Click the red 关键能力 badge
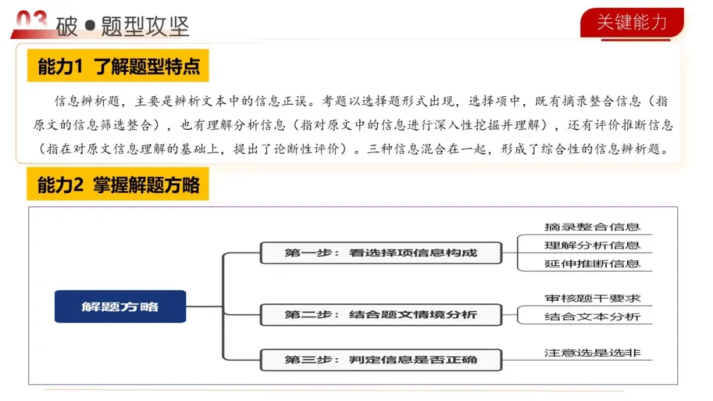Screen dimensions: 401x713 click(x=632, y=22)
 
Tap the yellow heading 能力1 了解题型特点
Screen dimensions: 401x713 click(x=118, y=67)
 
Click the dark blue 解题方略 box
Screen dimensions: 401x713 click(x=120, y=307)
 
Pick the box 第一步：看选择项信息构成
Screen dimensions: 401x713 click(x=381, y=253)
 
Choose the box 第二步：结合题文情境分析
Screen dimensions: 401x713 click(x=381, y=315)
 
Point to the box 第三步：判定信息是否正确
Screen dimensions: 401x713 click(x=381, y=359)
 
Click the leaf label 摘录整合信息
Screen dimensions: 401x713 click(x=592, y=227)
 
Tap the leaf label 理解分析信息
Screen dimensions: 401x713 click(x=592, y=245)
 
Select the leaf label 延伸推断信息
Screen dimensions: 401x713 click(x=592, y=264)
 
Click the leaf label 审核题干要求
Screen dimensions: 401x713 click(x=592, y=299)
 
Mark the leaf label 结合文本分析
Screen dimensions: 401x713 click(x=592, y=317)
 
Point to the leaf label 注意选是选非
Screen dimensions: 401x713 click(x=592, y=353)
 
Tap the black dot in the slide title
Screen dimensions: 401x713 click(x=90, y=27)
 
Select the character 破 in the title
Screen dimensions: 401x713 click(x=67, y=27)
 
